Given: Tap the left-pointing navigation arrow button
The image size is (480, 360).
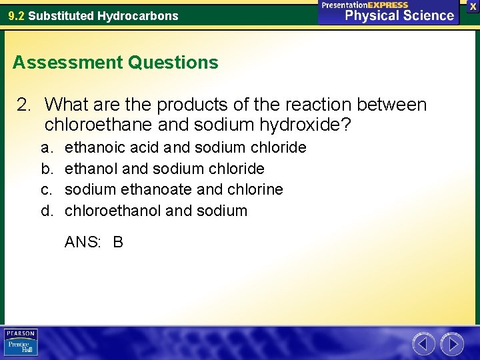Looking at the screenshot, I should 424,344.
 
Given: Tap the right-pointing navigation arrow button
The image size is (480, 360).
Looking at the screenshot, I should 453,344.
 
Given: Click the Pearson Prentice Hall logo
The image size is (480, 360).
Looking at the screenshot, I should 21,343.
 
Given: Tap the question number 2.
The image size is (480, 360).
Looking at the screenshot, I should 23,105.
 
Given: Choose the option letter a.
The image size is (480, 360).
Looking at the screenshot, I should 45,147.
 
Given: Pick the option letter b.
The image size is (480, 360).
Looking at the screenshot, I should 45,169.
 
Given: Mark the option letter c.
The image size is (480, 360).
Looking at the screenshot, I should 45,190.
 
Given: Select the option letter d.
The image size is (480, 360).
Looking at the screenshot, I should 45,211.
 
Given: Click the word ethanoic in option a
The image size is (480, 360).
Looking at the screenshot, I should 93,147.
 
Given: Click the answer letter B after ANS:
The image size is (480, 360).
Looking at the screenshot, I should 118,242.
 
